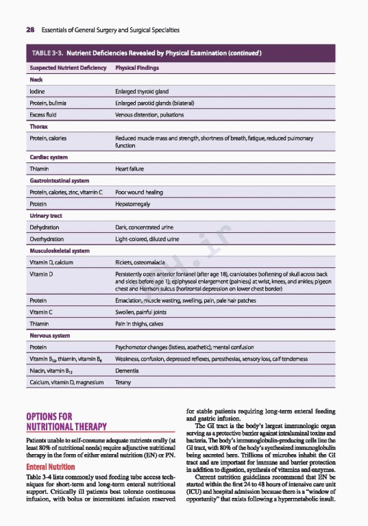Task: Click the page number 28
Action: pos(31,31)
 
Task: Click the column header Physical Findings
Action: pos(138,68)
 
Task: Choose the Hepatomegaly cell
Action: pos(134,204)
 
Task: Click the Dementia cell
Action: pos(128,370)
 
